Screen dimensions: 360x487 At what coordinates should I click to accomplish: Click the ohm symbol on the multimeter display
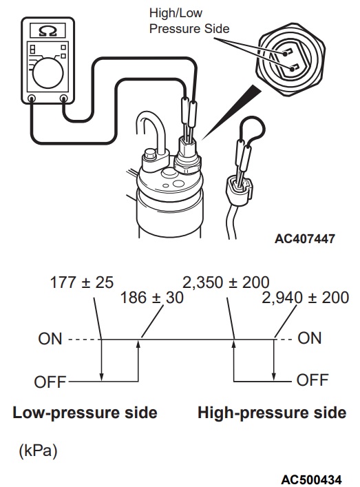tap(48, 31)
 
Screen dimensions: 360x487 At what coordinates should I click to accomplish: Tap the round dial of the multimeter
tap(47, 73)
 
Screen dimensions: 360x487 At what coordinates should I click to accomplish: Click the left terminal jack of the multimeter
tap(32, 99)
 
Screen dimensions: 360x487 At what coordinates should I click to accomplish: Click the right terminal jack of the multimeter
tap(63, 99)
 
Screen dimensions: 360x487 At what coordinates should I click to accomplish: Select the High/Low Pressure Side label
tap(189, 21)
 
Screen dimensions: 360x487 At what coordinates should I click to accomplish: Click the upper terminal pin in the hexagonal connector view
tap(287, 52)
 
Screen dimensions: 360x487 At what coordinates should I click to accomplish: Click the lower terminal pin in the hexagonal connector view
tap(294, 68)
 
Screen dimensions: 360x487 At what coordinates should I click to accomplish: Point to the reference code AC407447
tap(305, 239)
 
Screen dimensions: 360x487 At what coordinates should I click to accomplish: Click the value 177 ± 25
tap(82, 282)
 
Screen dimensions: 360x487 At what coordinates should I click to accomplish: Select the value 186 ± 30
tap(151, 298)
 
